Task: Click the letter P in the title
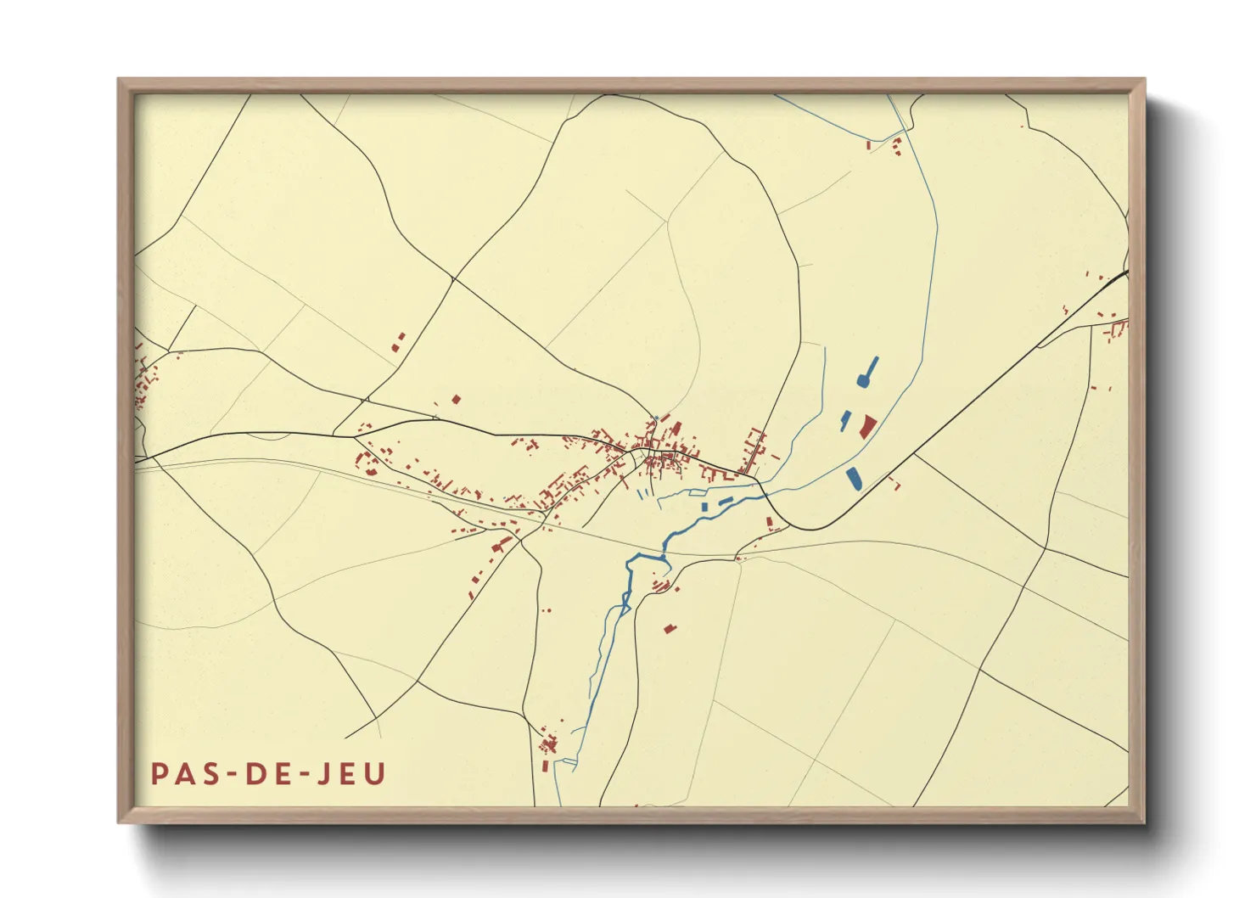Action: [x=159, y=774]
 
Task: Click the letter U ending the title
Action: [x=375, y=774]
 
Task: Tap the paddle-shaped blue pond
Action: [x=867, y=373]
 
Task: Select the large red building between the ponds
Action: [x=866, y=426]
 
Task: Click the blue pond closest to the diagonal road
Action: [x=854, y=479]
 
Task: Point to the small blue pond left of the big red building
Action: [x=845, y=421]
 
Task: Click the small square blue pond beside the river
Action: [x=704, y=508]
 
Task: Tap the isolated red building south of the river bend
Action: [x=670, y=628]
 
